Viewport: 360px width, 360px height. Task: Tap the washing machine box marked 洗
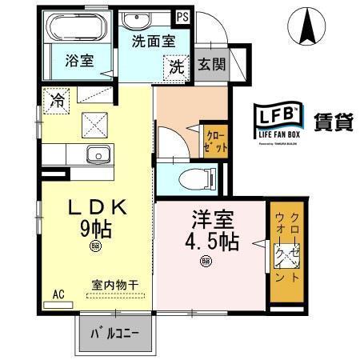click(x=174, y=68)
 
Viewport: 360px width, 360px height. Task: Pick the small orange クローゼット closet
click(x=217, y=142)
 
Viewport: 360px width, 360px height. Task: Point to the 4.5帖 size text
click(x=210, y=239)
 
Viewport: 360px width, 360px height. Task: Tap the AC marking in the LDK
click(x=58, y=293)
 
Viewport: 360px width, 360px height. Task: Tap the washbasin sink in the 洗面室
click(x=153, y=19)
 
